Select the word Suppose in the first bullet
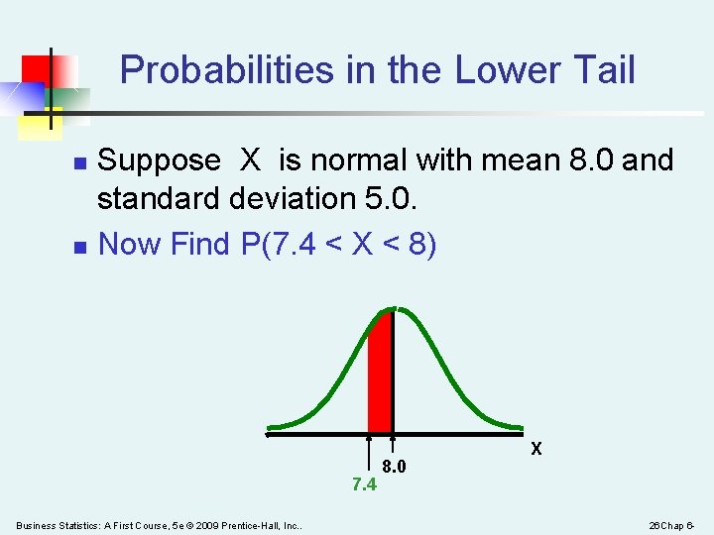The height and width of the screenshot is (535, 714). (160, 160)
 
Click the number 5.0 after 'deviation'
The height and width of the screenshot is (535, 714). (393, 199)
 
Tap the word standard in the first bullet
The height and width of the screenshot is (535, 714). (159, 199)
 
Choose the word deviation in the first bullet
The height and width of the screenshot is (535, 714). (292, 199)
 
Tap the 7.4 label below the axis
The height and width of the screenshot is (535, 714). (364, 484)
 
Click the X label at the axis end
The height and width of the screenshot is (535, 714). (536, 449)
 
